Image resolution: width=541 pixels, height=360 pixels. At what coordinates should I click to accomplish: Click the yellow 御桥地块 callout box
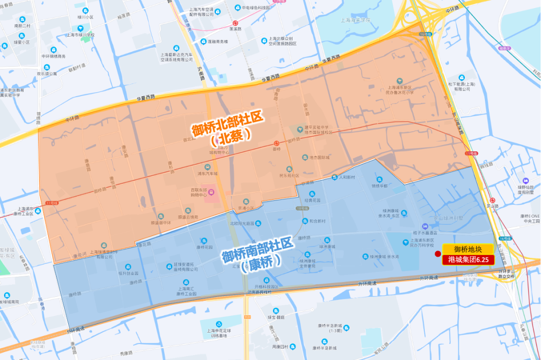click(468, 249)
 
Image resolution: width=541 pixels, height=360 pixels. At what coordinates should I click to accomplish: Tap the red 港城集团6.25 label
click(468, 260)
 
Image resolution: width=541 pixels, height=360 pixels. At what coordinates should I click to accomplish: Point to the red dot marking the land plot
click(438, 254)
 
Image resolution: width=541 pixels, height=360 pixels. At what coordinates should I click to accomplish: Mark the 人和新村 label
click(347, 177)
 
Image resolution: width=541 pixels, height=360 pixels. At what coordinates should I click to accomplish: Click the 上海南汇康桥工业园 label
click(186, 291)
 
